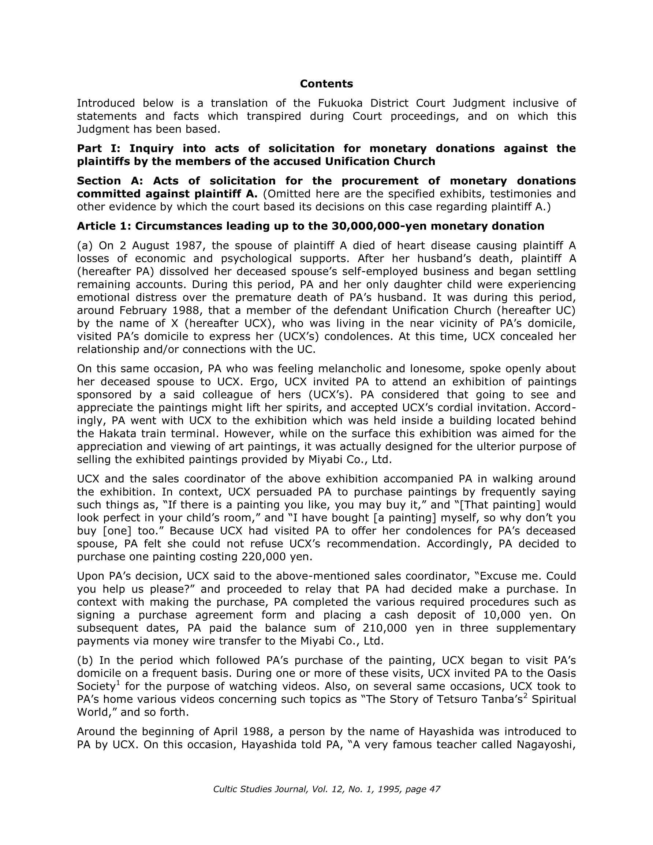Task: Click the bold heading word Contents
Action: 326,84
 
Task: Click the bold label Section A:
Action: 110,181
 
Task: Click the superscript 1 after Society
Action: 118,684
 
